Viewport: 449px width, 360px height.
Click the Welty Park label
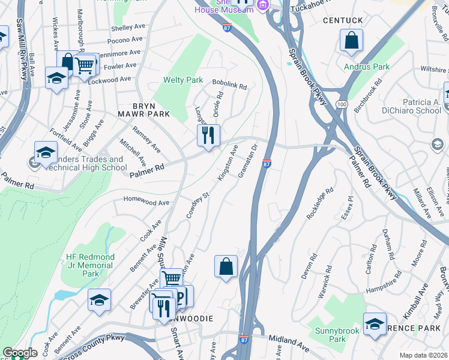pyautogui.click(x=183, y=80)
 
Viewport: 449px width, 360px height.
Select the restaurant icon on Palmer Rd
pyautogui.click(x=208, y=135)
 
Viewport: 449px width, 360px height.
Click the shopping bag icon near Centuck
pyautogui.click(x=352, y=41)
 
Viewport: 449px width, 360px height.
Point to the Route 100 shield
pyautogui.click(x=342, y=104)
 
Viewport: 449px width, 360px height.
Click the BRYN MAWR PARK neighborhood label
pyautogui.click(x=143, y=109)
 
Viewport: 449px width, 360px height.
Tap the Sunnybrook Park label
pyautogui.click(x=337, y=334)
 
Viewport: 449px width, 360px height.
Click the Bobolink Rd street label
pyautogui.click(x=229, y=86)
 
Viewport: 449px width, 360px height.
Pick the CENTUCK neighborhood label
pyautogui.click(x=343, y=20)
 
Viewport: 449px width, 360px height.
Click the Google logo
pyautogui.click(x=20, y=353)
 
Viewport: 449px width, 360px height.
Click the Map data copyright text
pyautogui.click(x=424, y=355)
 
